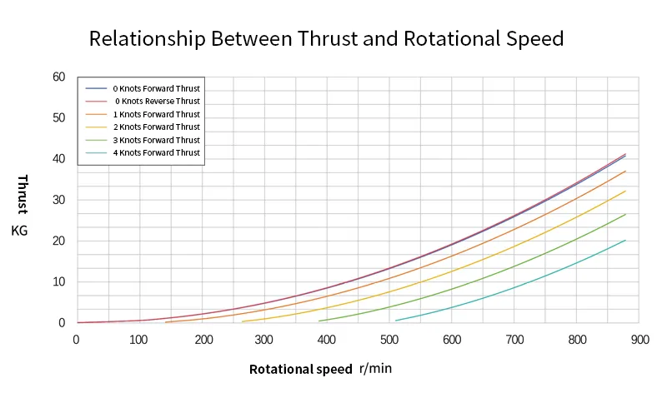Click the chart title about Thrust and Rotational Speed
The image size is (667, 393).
click(x=326, y=38)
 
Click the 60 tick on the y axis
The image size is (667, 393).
click(x=58, y=77)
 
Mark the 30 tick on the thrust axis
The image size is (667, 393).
click(x=58, y=200)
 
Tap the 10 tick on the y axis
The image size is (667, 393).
click(x=58, y=281)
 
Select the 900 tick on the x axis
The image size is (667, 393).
click(x=639, y=339)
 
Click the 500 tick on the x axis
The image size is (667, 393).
click(x=389, y=339)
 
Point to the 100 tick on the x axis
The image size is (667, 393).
click(x=138, y=339)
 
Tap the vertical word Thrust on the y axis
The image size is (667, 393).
click(x=22, y=194)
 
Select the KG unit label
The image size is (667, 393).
click(x=20, y=230)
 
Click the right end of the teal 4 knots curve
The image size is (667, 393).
click(x=625, y=240)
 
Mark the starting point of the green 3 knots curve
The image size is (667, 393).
click(x=319, y=321)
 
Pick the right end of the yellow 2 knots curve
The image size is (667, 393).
click(x=625, y=191)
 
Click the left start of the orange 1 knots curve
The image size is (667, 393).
click(x=166, y=322)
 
